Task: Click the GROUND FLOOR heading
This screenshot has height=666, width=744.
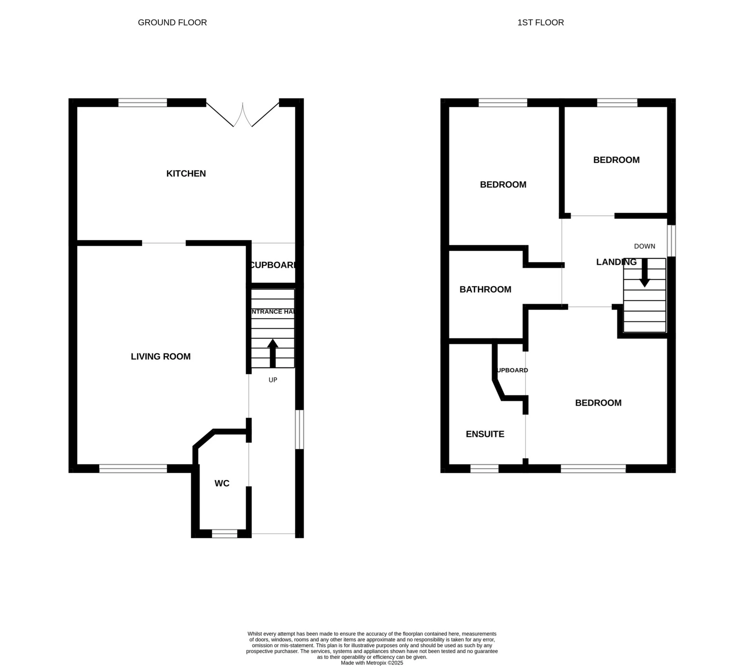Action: [172, 22]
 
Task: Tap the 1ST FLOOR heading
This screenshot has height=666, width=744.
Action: [540, 22]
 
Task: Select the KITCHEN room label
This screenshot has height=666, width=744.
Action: [186, 174]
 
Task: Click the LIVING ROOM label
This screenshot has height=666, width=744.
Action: [161, 356]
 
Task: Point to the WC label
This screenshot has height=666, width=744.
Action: [222, 483]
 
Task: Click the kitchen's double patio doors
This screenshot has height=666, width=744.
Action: [242, 114]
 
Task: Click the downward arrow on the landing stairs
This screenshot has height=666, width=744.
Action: [644, 273]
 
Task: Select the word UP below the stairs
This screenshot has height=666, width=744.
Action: [273, 380]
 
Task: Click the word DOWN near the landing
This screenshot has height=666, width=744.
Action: [644, 246]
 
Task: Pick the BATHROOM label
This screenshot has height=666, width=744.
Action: [485, 289]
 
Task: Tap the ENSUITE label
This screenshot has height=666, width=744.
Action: [485, 434]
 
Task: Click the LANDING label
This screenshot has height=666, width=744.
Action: [616, 262]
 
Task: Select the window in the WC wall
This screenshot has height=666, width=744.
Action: [224, 533]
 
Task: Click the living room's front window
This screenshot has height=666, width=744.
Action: [133, 469]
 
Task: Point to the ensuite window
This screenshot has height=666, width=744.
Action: [484, 469]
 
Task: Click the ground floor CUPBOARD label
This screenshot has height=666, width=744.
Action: [273, 265]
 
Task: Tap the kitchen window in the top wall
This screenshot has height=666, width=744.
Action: [143, 103]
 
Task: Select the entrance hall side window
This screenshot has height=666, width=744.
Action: [300, 430]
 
